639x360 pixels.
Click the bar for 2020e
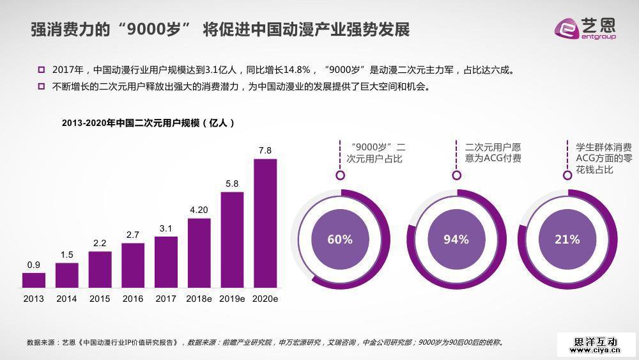coord(265,223)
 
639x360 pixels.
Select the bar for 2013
coord(34,280)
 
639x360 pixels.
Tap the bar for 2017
coord(166,263)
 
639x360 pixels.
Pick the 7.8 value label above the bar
coord(265,150)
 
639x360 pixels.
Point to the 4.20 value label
coord(199,210)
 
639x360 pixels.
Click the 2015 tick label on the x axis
coord(100,299)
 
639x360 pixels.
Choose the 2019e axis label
coord(232,299)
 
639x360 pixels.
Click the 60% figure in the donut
coord(340,239)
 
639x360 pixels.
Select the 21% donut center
coord(567,239)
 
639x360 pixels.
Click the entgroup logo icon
coord(566,29)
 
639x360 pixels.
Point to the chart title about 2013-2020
coord(148,123)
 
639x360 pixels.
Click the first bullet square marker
coord(42,70)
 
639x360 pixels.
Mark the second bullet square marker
coord(42,86)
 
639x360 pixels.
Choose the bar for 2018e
coord(199,253)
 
